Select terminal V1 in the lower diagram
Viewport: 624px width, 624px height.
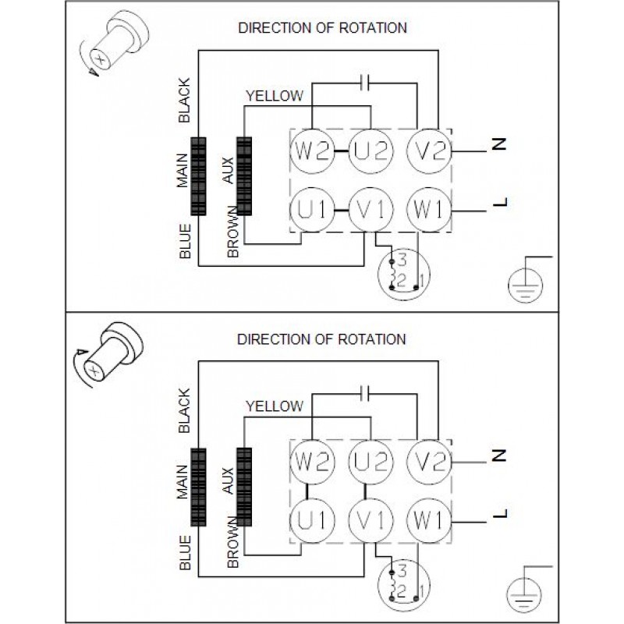(369, 517)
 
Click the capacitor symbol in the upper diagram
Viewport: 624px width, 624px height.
(364, 80)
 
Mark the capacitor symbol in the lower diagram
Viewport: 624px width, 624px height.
(364, 392)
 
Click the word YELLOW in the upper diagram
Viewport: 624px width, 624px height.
(274, 96)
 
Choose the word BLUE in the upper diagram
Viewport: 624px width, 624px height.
(185, 243)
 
